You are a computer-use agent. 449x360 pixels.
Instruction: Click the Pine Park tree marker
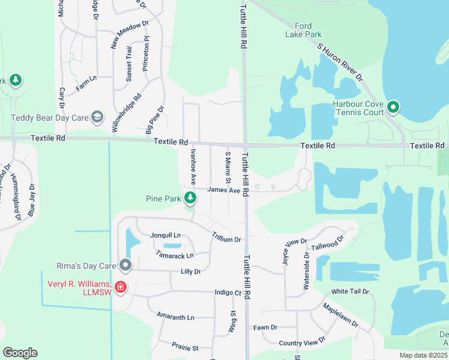[x=190, y=197]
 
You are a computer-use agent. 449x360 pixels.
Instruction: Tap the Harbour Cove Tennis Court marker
[x=393, y=108]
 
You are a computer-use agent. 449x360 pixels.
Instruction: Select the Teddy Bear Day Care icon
[x=98, y=117]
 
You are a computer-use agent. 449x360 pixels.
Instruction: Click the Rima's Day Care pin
[x=125, y=265]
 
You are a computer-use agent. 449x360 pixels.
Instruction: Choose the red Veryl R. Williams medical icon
[x=121, y=287]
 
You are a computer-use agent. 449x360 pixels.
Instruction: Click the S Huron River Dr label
[x=340, y=62]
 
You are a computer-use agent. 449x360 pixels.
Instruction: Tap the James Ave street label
[x=223, y=190]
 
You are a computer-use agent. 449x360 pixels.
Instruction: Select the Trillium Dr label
[x=226, y=237]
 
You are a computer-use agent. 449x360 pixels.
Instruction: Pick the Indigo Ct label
[x=228, y=293]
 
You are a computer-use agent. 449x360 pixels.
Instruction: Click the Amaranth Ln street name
[x=175, y=317]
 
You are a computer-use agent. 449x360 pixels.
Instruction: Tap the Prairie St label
[x=184, y=347]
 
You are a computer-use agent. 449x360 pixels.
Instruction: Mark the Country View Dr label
[x=302, y=342]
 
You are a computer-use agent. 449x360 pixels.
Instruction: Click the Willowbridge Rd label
[x=127, y=113]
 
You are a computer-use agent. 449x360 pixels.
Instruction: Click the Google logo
[x=20, y=353]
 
